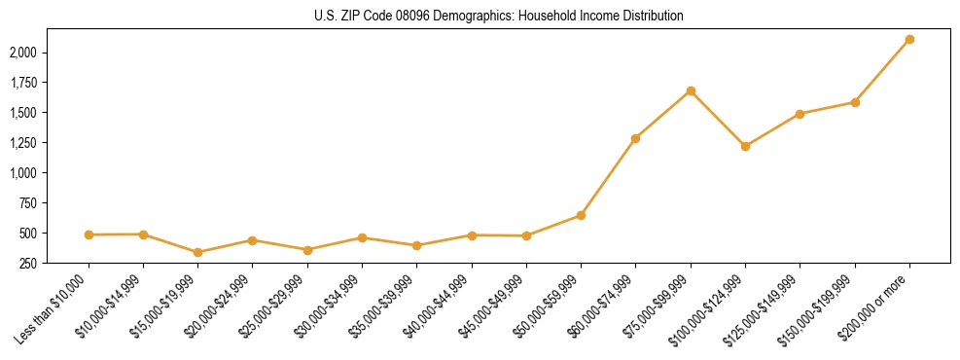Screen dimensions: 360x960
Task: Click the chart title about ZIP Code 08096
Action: click(x=499, y=17)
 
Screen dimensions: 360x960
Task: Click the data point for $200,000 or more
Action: click(x=909, y=39)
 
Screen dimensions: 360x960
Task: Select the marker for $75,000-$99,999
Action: click(x=691, y=90)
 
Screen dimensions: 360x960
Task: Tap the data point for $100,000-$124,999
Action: click(x=745, y=146)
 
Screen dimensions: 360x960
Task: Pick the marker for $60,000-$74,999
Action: click(x=635, y=138)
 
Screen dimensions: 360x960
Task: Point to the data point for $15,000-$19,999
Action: click(x=198, y=252)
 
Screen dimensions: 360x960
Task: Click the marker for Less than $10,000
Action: click(x=89, y=234)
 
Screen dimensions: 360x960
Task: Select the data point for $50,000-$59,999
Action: click(x=581, y=215)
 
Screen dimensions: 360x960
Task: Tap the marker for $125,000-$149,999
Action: click(x=800, y=114)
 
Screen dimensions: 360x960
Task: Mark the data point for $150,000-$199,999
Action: click(x=855, y=102)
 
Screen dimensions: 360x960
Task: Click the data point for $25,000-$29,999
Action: click(x=307, y=250)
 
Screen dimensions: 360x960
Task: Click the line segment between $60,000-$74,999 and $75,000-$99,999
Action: click(x=663, y=114)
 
